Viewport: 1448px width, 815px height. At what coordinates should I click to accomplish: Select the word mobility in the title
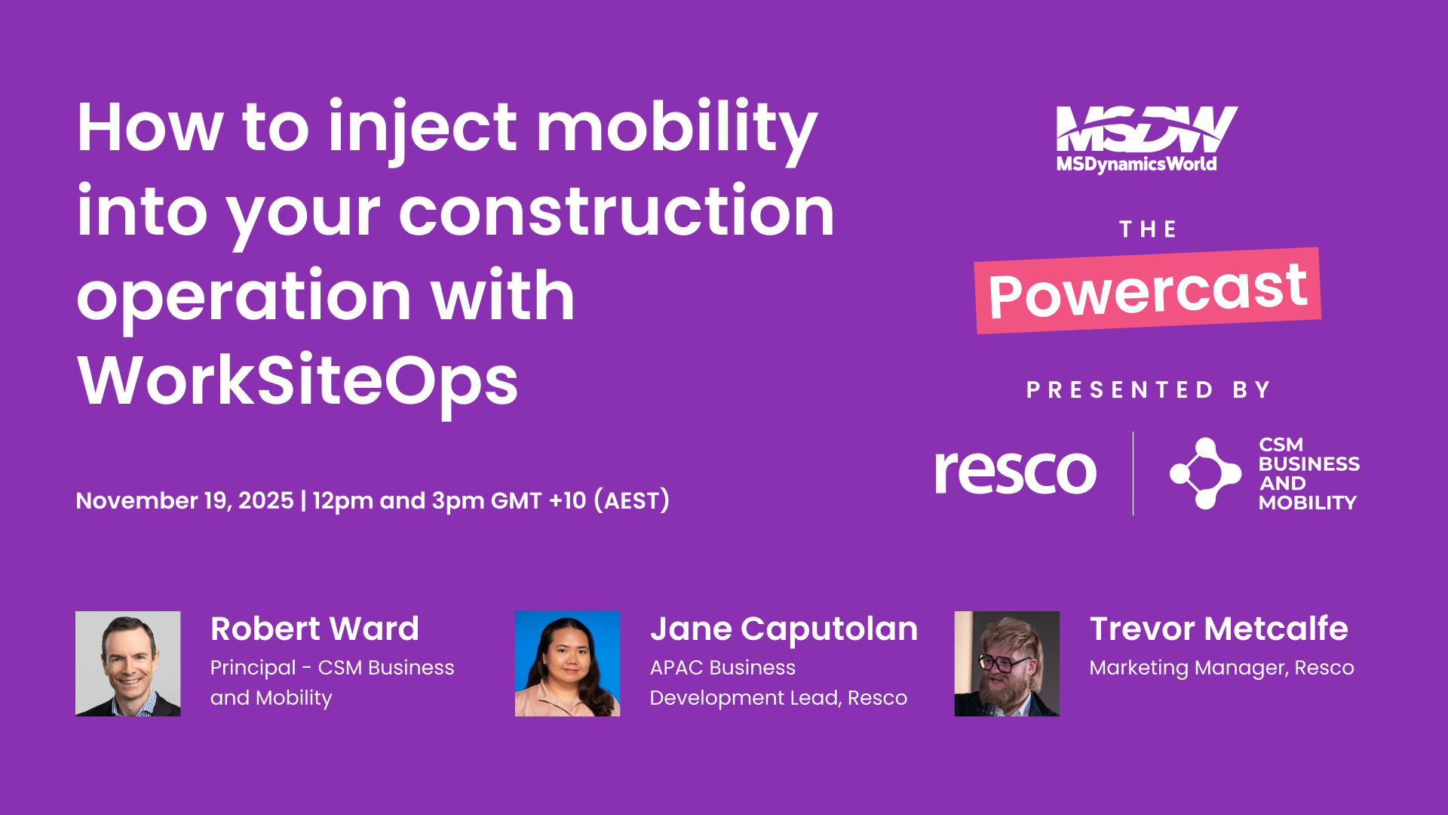point(676,128)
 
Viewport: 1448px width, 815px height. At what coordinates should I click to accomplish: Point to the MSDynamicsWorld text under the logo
point(1136,164)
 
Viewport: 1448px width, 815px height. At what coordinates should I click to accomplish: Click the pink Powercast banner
point(1147,291)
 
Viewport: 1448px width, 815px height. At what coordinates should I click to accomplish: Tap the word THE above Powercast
point(1148,229)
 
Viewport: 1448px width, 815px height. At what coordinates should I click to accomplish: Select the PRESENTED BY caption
point(1148,390)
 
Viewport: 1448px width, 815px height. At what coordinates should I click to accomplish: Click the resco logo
point(1015,472)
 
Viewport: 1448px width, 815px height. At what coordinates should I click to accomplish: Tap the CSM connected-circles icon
point(1204,473)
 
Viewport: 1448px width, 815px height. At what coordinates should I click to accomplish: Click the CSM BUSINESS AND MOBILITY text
point(1308,473)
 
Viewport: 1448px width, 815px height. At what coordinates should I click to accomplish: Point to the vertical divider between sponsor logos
point(1133,473)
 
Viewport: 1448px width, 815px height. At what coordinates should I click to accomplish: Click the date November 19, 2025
point(185,500)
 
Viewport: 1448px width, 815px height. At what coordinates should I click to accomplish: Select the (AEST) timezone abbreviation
point(631,500)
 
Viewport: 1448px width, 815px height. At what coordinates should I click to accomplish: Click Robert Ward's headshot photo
point(128,663)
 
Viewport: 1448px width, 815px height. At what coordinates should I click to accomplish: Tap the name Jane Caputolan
point(784,629)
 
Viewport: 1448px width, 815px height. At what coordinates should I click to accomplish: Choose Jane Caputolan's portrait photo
point(567,663)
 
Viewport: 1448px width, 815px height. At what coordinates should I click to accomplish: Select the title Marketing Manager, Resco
point(1221,668)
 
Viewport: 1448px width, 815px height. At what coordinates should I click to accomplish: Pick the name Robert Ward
point(314,629)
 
